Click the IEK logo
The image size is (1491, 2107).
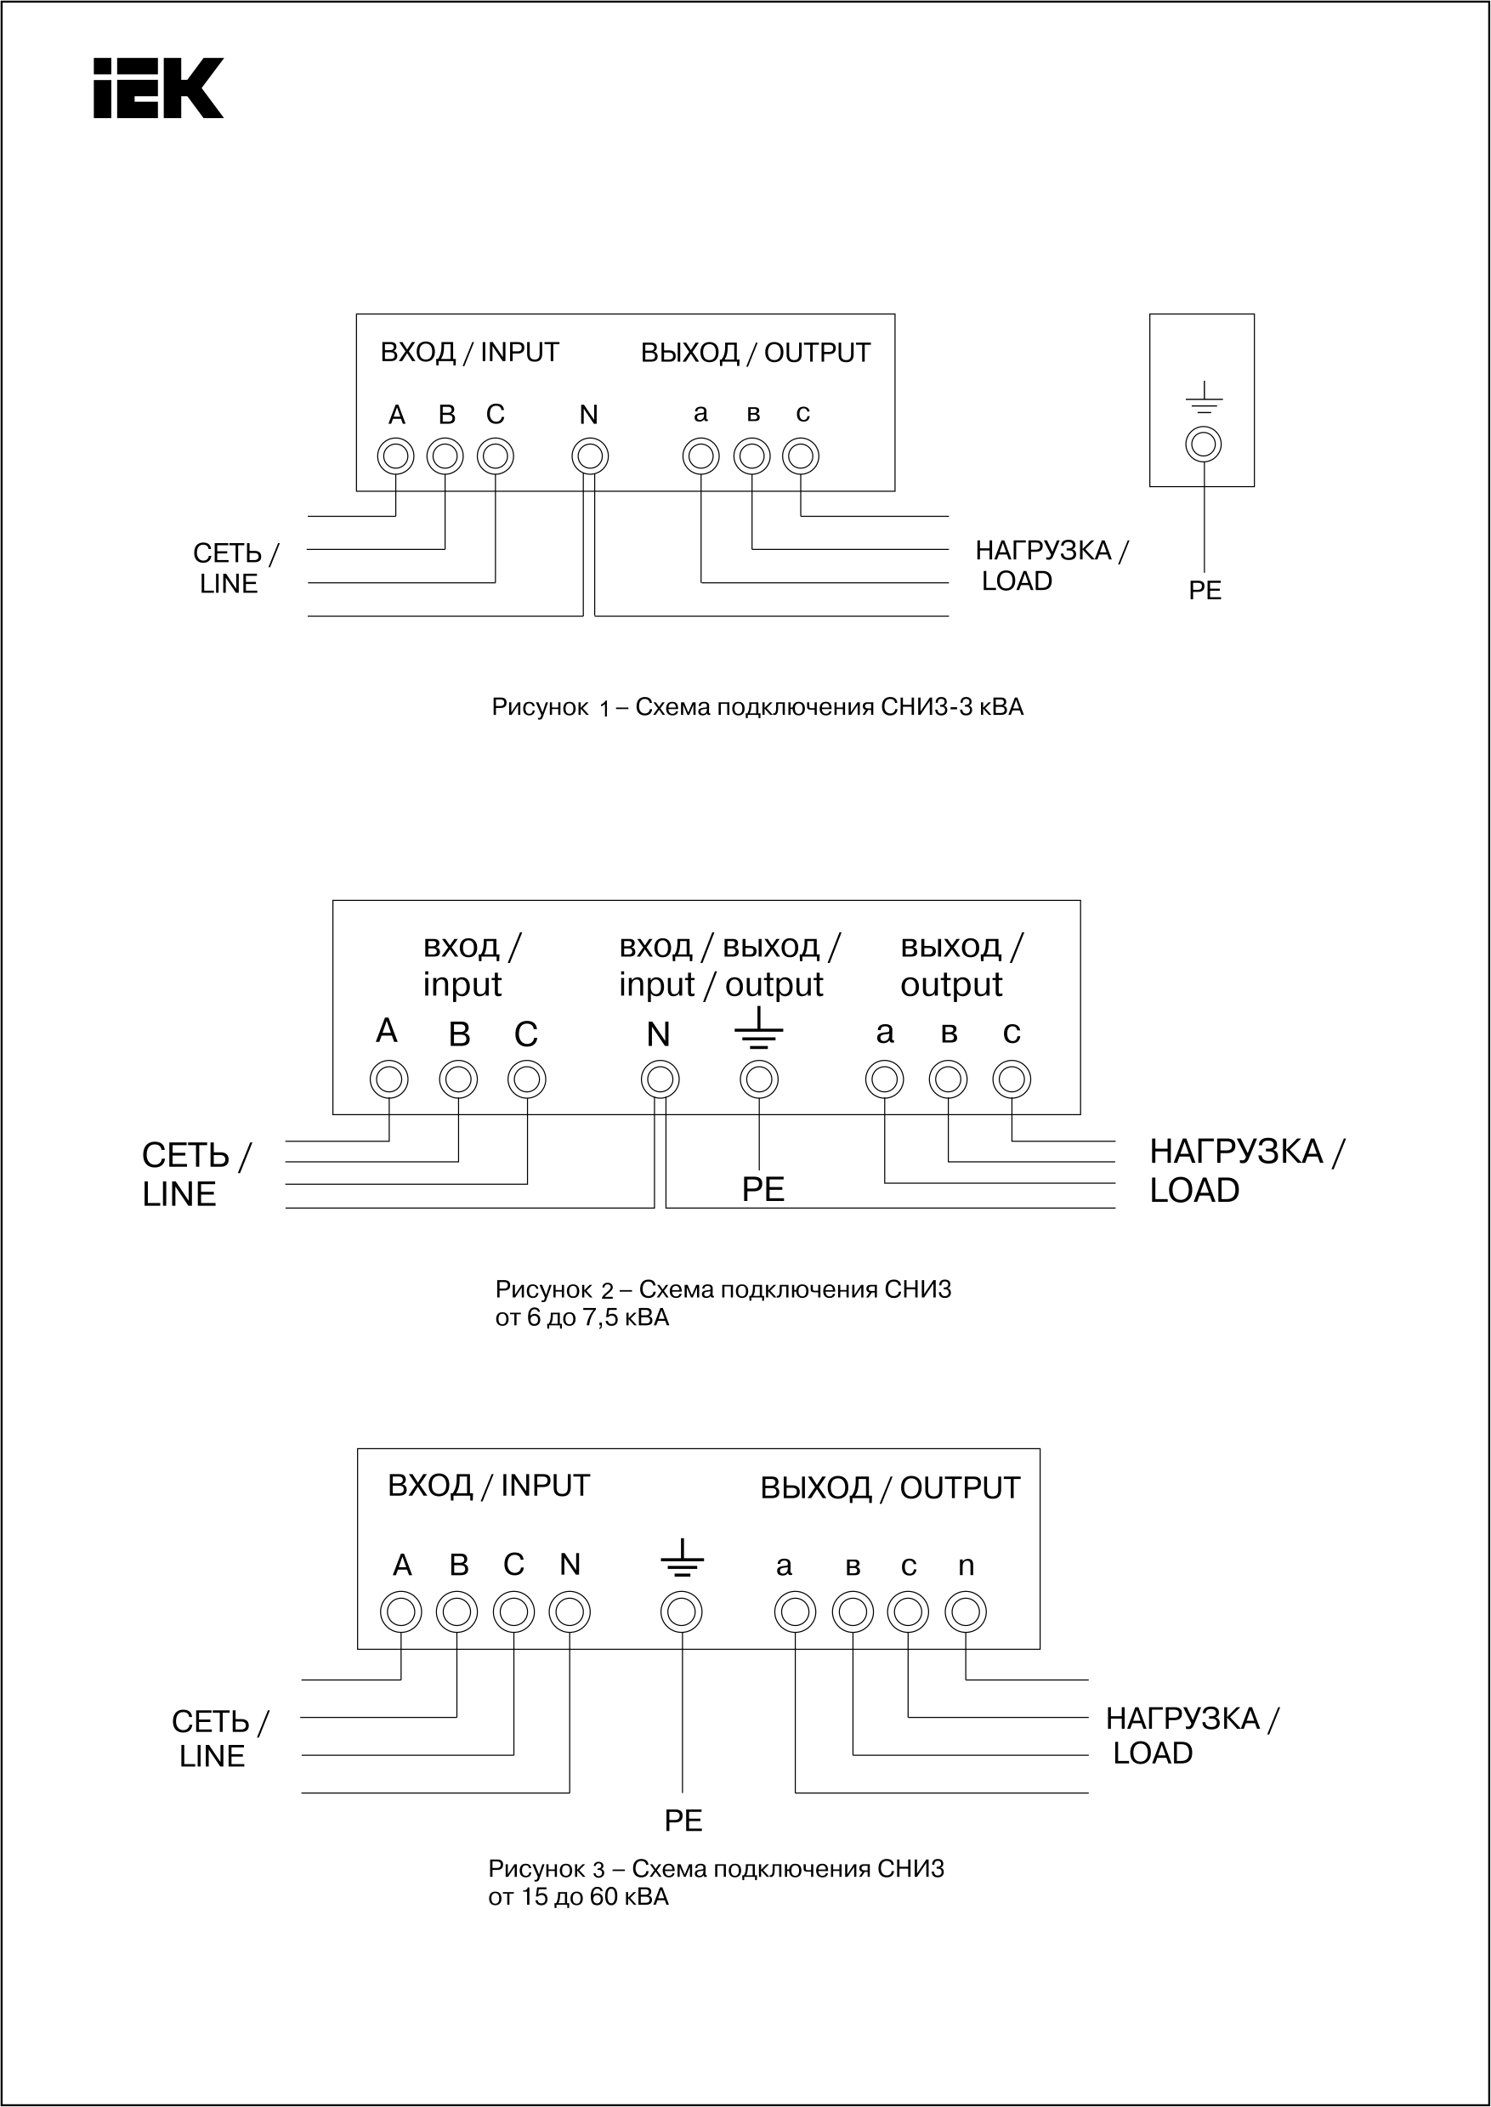point(158,88)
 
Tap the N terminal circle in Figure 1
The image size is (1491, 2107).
point(589,456)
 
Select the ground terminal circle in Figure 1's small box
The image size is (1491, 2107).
point(1203,445)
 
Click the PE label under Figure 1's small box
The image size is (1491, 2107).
point(1205,591)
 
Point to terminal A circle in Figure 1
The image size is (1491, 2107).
point(396,456)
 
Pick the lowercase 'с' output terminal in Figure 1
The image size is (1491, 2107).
point(801,456)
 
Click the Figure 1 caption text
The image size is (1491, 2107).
point(757,707)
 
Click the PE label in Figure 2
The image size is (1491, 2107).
point(763,1190)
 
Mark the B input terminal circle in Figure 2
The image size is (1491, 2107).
point(458,1079)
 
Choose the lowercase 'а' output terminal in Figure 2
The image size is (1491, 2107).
point(884,1079)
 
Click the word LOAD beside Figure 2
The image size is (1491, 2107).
point(1194,1191)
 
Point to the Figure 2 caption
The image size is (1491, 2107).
point(723,1303)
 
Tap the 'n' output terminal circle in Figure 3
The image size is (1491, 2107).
point(966,1611)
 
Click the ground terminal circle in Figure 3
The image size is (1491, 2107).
point(681,1611)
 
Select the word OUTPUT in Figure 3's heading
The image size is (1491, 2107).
point(960,1488)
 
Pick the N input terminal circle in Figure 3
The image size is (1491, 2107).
point(570,1611)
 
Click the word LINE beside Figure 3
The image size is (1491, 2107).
point(212,1756)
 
